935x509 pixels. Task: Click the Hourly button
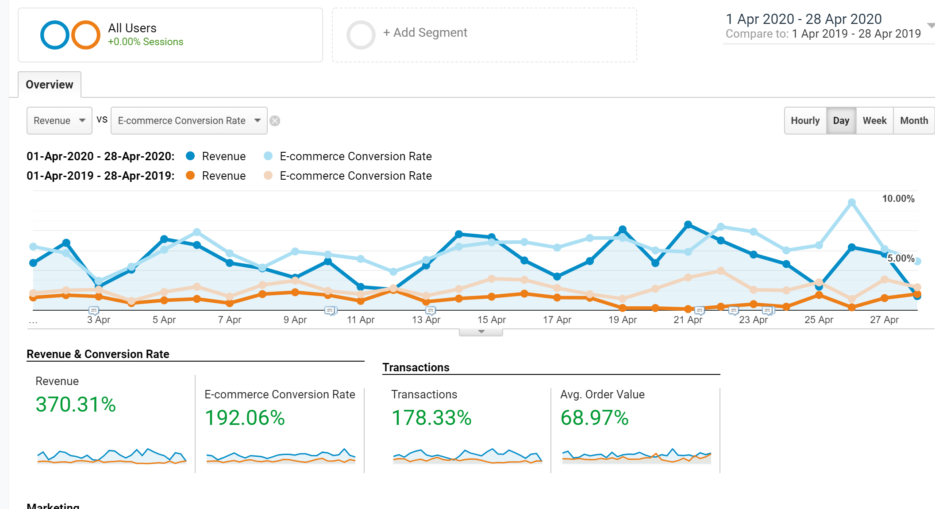tap(805, 120)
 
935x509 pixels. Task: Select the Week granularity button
tap(874, 120)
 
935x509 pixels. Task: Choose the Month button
tap(914, 120)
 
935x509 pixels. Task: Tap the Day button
tap(841, 120)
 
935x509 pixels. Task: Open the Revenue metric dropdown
tap(59, 120)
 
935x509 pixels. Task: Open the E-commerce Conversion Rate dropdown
tap(189, 120)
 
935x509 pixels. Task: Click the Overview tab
tap(50, 85)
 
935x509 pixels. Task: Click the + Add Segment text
tap(425, 33)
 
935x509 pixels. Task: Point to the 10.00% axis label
tap(898, 199)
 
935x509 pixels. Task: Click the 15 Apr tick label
tap(491, 320)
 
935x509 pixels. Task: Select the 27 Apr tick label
tap(884, 320)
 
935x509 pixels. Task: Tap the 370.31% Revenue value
tap(76, 405)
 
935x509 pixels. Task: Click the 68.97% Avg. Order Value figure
tap(594, 418)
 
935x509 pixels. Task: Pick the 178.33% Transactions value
tap(431, 418)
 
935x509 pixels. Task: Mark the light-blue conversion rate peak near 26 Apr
tap(851, 203)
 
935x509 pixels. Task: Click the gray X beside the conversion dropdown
tap(275, 121)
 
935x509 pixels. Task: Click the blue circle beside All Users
tap(54, 35)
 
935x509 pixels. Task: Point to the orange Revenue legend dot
tap(190, 175)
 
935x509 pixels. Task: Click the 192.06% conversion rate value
tap(245, 418)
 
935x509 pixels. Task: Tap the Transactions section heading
tap(416, 367)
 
